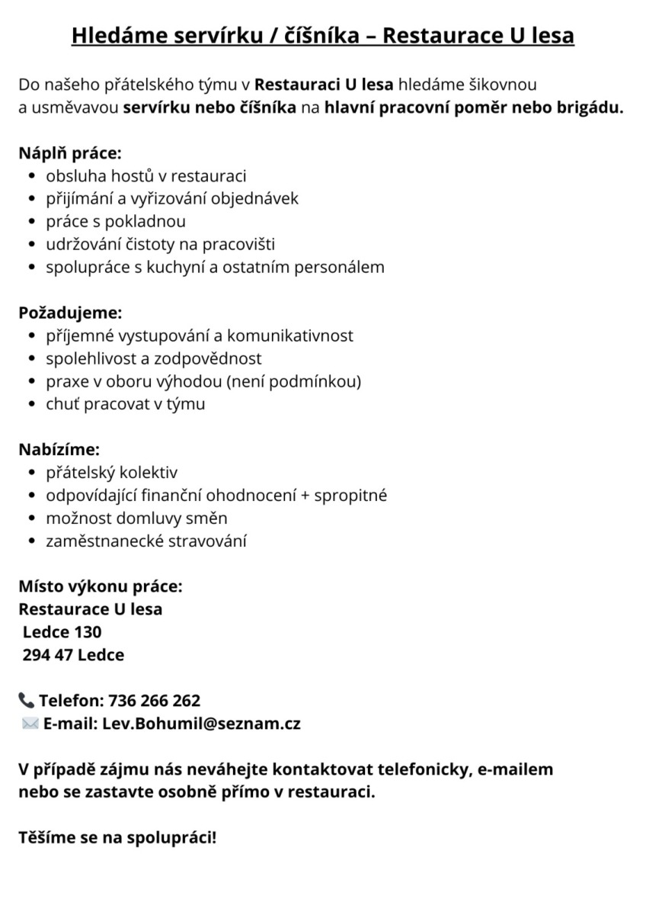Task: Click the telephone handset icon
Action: [27, 700]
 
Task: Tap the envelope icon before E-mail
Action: [30, 724]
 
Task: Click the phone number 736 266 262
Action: [155, 700]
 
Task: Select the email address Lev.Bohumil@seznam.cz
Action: [201, 724]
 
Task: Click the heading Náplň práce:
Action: [70, 152]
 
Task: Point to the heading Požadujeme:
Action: [70, 313]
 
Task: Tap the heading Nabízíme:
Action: [59, 450]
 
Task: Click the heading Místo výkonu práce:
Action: [101, 587]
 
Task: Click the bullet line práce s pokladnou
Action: [116, 221]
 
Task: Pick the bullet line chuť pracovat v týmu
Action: [125, 404]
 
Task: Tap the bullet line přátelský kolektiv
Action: [111, 473]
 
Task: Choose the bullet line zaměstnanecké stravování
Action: [146, 541]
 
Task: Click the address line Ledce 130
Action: [62, 632]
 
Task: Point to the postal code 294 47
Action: [48, 655]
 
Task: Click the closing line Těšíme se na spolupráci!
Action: [117, 837]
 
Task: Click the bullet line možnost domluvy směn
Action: [136, 518]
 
